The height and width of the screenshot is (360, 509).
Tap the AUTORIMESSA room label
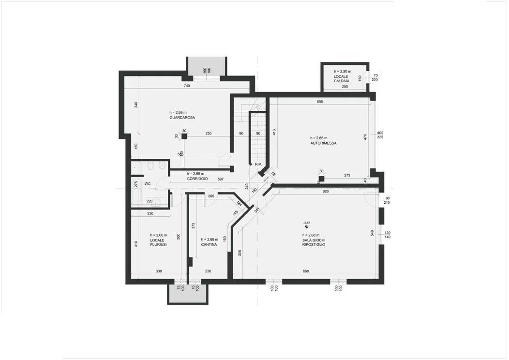point(323,143)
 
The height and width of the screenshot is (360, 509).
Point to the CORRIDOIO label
point(197,179)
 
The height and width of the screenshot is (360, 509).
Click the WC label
point(148,184)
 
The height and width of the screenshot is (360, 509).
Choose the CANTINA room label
point(209,245)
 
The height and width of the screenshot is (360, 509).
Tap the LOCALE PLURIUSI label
point(158,242)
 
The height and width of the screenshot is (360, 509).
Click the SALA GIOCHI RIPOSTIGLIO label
point(313,242)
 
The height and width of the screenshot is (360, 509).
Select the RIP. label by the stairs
point(258,165)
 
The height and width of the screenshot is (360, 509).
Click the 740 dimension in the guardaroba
point(186,86)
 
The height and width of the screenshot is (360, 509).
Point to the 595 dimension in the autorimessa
point(319,102)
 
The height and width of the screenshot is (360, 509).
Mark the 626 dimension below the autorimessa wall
point(325,191)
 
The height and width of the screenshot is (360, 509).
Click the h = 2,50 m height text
point(343,72)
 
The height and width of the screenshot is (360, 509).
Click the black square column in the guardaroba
point(184,136)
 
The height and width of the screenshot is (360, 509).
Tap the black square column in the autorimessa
point(321,178)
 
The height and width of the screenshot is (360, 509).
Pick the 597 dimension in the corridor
point(220,180)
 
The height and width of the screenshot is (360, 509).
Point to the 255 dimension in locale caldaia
point(345,87)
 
